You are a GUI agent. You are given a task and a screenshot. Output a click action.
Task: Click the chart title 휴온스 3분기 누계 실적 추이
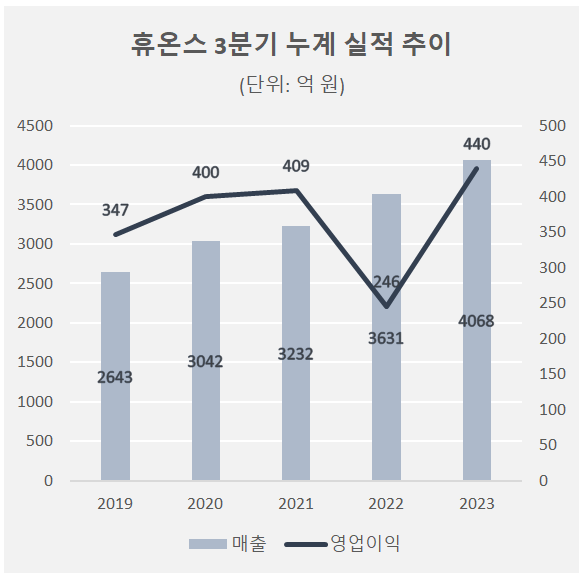pos(291,45)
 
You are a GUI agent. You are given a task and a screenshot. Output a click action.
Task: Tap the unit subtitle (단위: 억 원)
pos(292,85)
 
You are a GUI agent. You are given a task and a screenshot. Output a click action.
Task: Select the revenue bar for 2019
pos(115,376)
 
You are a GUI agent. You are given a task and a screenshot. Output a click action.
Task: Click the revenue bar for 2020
pos(206,360)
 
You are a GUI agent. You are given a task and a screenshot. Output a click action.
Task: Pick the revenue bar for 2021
pos(296,353)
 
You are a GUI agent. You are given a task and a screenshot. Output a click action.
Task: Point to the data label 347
pos(115,210)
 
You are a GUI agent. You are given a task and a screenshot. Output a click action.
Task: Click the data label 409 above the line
pos(296,166)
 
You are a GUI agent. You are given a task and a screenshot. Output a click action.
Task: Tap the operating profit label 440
pos(477,144)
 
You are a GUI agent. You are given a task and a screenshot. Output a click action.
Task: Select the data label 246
pos(386,282)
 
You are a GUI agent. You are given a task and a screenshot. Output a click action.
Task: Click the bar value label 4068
pos(476,321)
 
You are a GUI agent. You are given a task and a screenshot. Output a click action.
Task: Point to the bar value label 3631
pos(386,338)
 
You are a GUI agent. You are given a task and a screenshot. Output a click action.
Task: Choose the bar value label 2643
pos(115,377)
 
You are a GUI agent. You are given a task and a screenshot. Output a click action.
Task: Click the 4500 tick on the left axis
pos(35,126)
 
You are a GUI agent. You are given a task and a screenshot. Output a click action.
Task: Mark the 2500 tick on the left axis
pos(35,283)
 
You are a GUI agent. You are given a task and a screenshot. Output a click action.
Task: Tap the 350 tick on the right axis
pos(553,232)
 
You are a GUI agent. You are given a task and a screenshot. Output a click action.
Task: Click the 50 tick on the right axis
pos(548,445)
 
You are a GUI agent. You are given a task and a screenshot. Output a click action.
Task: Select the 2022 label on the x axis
pos(386,504)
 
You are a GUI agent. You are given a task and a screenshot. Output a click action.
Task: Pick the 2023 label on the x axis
pos(477,504)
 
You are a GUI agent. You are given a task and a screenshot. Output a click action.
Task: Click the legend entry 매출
pos(228,543)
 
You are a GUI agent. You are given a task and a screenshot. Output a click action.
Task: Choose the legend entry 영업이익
pos(342,543)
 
